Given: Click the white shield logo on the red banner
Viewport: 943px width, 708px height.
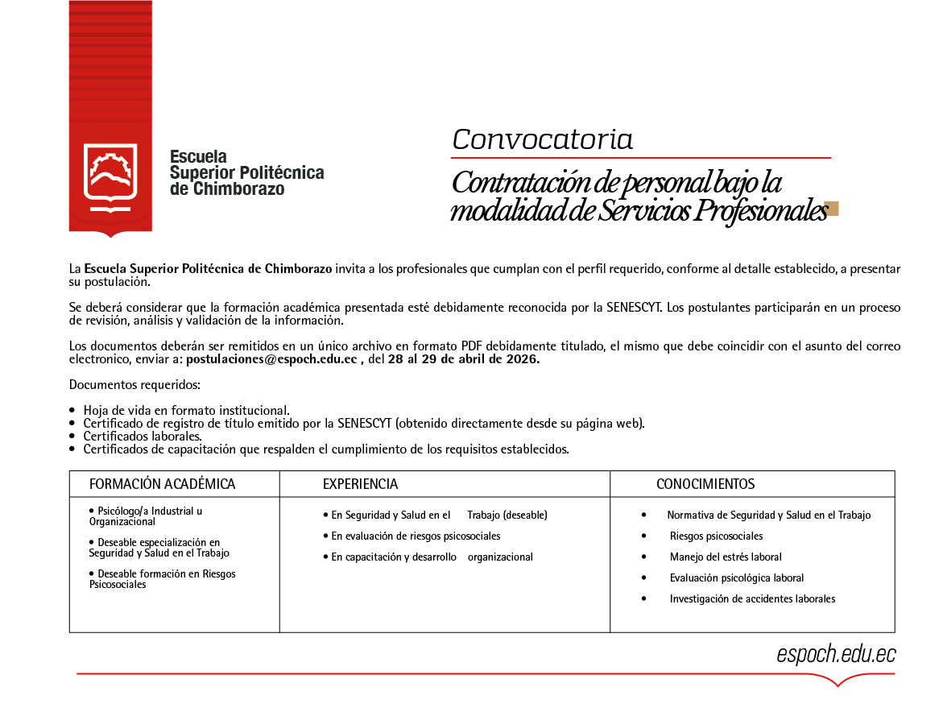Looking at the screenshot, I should pyautogui.click(x=110, y=173).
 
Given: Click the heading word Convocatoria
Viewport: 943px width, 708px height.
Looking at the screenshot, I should pyautogui.click(x=542, y=139).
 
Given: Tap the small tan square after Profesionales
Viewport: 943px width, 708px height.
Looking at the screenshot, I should pyautogui.click(x=832, y=209).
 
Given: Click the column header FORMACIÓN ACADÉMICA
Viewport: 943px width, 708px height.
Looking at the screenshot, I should pyautogui.click(x=162, y=484).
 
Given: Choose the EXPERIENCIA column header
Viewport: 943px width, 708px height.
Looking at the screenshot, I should pyautogui.click(x=360, y=484).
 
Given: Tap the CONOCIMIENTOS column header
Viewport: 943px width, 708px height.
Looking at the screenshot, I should pyautogui.click(x=705, y=484).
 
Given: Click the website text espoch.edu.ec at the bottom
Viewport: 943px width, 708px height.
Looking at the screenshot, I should pyautogui.click(x=836, y=655).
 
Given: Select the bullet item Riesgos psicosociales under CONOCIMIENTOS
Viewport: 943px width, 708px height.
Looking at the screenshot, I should pyautogui.click(x=716, y=536).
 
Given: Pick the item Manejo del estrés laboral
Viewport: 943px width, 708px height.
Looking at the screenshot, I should pyautogui.click(x=725, y=557).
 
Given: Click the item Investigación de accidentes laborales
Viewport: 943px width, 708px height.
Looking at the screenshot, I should pyautogui.click(x=752, y=598).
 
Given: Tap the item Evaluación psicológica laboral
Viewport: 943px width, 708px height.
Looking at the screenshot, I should pyautogui.click(x=736, y=578).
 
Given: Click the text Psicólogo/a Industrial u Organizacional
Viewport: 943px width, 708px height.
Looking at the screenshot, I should pyautogui.click(x=145, y=516).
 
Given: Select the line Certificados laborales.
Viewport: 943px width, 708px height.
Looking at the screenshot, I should pyautogui.click(x=143, y=436).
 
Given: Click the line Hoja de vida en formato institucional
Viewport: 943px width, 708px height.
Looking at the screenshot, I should pyautogui.click(x=186, y=410).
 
